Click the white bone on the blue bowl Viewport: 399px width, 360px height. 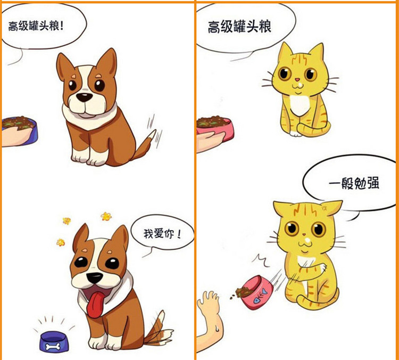point(53,346)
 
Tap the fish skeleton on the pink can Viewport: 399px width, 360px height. point(262,295)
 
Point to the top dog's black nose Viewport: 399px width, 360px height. point(85,97)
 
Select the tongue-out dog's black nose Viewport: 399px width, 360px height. point(94,277)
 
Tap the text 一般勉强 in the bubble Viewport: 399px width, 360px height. point(354,183)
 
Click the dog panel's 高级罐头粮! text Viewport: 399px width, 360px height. point(36,26)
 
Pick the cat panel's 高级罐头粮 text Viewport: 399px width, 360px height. point(239,27)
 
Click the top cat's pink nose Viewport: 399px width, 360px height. point(297,80)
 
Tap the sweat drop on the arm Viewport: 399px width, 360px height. point(217,328)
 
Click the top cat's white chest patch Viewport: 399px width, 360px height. point(300,105)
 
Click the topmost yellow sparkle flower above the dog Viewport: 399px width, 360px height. point(106,216)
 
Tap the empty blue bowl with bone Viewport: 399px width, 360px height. point(54,341)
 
